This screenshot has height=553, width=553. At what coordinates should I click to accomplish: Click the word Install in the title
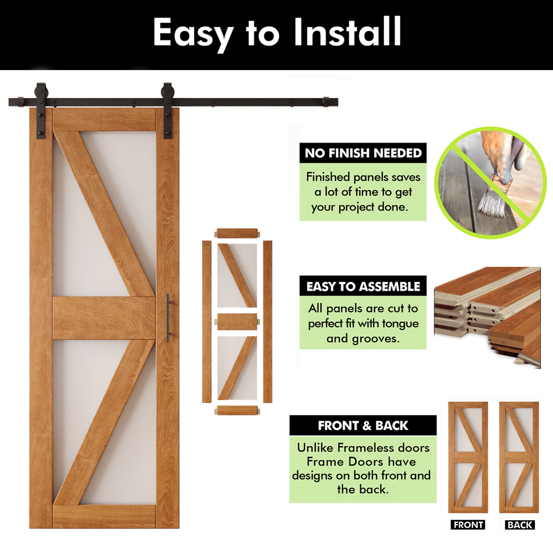tap(347, 32)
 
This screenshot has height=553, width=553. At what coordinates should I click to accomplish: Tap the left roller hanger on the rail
tap(41, 110)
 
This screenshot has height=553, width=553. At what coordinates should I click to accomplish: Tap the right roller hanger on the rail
tap(168, 110)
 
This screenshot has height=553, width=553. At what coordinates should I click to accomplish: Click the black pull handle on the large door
tap(168, 317)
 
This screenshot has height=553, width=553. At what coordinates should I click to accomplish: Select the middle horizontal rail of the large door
tap(104, 318)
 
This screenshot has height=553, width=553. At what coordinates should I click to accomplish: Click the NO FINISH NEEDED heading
tap(363, 153)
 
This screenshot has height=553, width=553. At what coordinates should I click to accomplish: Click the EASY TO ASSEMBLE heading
tap(363, 286)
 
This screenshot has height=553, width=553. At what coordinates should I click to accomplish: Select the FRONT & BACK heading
tap(363, 426)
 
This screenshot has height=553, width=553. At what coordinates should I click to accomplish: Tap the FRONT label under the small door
tap(468, 525)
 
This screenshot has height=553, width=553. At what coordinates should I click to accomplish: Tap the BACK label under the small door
tap(520, 525)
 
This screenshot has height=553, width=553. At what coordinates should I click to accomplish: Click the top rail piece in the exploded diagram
tap(237, 233)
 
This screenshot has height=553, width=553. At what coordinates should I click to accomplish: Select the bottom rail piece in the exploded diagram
tap(237, 410)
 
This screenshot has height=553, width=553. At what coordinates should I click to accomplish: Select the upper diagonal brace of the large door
tap(105, 215)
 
